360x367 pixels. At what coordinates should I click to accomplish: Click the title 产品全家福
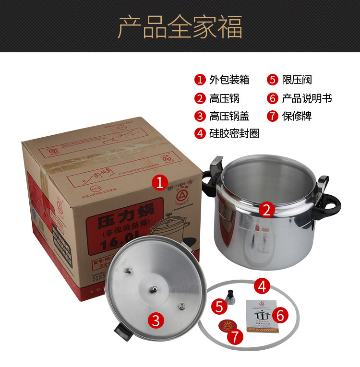coord(180,27)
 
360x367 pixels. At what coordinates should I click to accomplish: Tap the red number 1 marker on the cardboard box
coord(160,182)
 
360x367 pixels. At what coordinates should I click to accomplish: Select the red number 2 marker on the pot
coord(267,209)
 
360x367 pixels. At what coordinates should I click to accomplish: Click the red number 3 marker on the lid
coord(156,320)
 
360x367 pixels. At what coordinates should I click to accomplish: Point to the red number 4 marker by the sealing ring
coord(262,286)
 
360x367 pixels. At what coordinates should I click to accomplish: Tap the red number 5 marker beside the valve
coord(219,306)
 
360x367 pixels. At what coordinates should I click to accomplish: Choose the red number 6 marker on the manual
coord(281,315)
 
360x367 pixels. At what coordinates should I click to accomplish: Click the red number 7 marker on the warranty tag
coord(234,336)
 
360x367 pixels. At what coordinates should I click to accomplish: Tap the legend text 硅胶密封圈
coord(234,133)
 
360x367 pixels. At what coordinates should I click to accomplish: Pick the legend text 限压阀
coord(297,80)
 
